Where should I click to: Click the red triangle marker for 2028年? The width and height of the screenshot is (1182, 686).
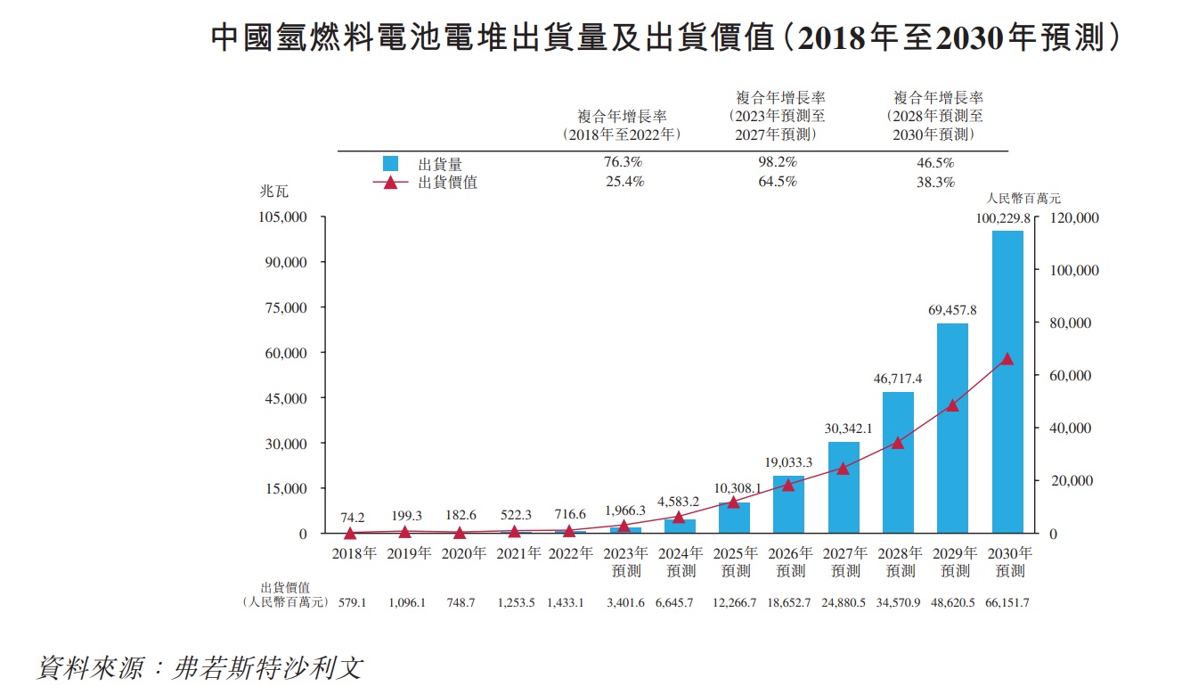(898, 442)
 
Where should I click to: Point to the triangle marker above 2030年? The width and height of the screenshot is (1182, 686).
(1007, 359)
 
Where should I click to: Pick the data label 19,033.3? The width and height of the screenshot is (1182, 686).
(788, 462)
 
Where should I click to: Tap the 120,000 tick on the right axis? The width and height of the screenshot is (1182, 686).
(1075, 218)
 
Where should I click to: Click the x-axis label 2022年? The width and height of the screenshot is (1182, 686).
(570, 553)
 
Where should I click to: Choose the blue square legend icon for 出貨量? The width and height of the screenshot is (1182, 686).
(390, 164)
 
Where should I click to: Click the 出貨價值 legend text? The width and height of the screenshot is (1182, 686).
(447, 183)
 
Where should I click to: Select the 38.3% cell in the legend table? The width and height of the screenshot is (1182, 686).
(935, 182)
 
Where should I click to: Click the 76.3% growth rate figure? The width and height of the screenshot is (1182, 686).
(623, 163)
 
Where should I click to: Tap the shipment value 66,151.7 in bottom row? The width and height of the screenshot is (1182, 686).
(1007, 603)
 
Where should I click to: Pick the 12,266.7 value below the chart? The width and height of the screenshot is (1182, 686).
(735, 603)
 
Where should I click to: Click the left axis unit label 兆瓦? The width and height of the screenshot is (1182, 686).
(273, 192)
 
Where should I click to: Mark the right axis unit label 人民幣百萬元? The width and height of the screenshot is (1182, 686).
(1023, 199)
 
